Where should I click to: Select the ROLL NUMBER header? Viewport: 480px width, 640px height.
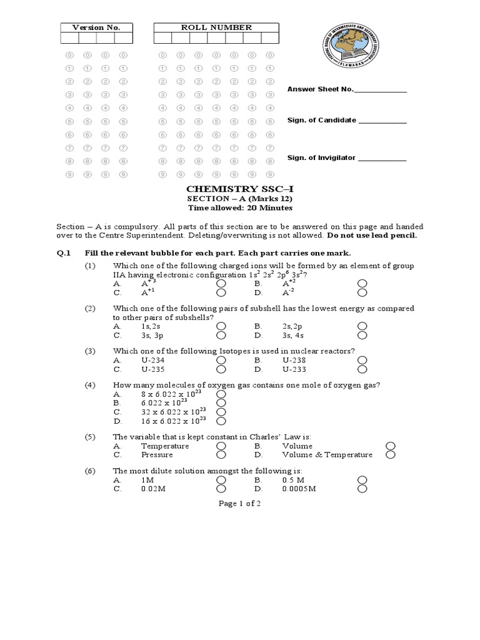[x=216, y=27]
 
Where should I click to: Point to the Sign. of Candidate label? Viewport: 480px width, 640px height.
[x=321, y=120]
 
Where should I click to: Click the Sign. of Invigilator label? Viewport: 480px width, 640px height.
[x=321, y=158]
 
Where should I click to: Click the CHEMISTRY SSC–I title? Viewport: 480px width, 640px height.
[x=230, y=189]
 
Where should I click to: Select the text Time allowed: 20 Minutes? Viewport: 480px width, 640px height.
[x=230, y=208]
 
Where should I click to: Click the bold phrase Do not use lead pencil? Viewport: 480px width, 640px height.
[x=371, y=236]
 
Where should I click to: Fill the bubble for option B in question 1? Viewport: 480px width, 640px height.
[x=362, y=283]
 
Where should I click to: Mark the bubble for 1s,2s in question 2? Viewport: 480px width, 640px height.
[x=221, y=326]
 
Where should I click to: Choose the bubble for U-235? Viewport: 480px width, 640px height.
[x=221, y=369]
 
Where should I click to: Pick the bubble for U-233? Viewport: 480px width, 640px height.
[x=362, y=369]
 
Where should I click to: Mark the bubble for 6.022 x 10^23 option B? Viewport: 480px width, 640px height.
[x=221, y=404]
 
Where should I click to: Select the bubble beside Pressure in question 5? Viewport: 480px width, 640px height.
[x=221, y=455]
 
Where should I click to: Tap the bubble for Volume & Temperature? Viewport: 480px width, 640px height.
[x=391, y=455]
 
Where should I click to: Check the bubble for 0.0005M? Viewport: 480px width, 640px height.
[x=362, y=489]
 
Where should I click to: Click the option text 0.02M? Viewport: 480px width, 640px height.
[x=153, y=489]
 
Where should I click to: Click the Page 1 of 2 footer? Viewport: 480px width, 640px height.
[x=239, y=504]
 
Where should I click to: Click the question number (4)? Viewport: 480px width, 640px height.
[x=90, y=384]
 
